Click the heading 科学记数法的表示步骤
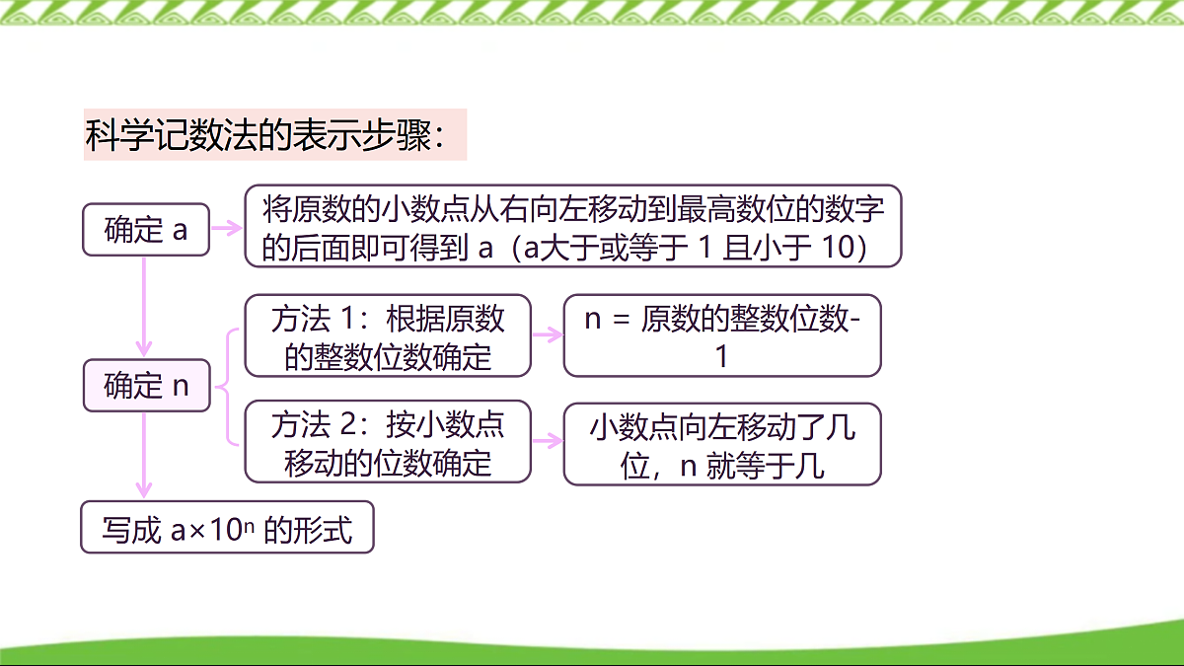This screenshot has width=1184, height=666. tap(274, 135)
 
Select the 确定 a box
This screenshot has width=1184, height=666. tap(145, 230)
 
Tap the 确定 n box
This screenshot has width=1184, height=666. tap(145, 386)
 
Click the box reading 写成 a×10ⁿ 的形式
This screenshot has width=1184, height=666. tap(227, 529)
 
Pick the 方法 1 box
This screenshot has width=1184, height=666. tap(388, 335)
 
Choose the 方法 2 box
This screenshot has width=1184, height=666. tap(388, 441)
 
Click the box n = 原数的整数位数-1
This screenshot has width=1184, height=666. tap(721, 335)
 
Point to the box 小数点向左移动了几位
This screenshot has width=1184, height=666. tap(721, 443)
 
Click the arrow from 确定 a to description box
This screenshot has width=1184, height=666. tap(227, 228)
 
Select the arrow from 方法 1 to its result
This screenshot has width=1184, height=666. tap(548, 334)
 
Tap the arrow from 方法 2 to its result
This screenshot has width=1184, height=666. tap(548, 442)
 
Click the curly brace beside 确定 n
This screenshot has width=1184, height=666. tap(227, 386)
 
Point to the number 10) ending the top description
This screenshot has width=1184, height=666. tap(844, 249)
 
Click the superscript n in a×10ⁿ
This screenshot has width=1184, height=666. tap(250, 524)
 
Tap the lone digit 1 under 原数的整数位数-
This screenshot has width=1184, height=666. tap(721, 356)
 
